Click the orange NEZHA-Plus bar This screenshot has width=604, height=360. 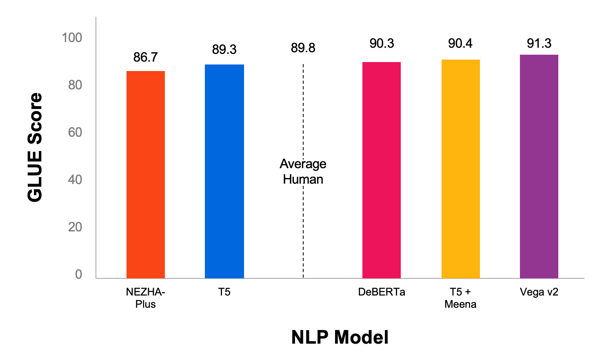point(146,175)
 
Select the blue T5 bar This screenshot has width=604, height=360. point(224,171)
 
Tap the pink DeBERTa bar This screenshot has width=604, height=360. point(382,170)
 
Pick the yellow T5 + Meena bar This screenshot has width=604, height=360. point(460,169)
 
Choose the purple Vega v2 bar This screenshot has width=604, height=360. point(539,167)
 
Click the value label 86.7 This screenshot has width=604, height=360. point(145,58)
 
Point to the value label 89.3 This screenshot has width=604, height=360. point(224,50)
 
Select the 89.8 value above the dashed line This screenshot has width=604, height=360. point(303,48)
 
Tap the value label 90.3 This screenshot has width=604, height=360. point(382,43)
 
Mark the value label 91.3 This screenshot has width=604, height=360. point(539,43)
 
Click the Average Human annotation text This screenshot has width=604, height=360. point(303,172)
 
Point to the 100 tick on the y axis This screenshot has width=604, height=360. point(72,38)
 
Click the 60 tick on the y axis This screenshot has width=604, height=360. point(75,133)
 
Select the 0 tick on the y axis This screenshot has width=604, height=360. point(78,275)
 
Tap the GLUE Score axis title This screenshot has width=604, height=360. point(35,147)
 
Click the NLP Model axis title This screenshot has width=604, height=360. point(340,337)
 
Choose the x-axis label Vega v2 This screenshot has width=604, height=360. point(539,292)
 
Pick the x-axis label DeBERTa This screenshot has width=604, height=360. point(382,292)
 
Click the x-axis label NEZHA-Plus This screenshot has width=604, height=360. point(145,298)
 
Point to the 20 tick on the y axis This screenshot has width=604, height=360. point(75,227)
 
